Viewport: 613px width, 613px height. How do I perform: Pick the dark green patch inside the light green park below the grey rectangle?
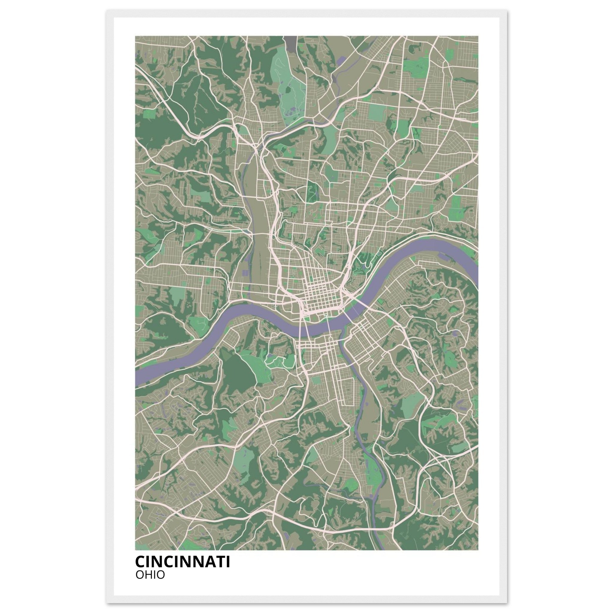(x=288, y=89)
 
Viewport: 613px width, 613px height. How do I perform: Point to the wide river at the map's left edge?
(x=139, y=378)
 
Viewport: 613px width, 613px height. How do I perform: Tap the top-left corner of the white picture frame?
(x=107, y=10)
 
